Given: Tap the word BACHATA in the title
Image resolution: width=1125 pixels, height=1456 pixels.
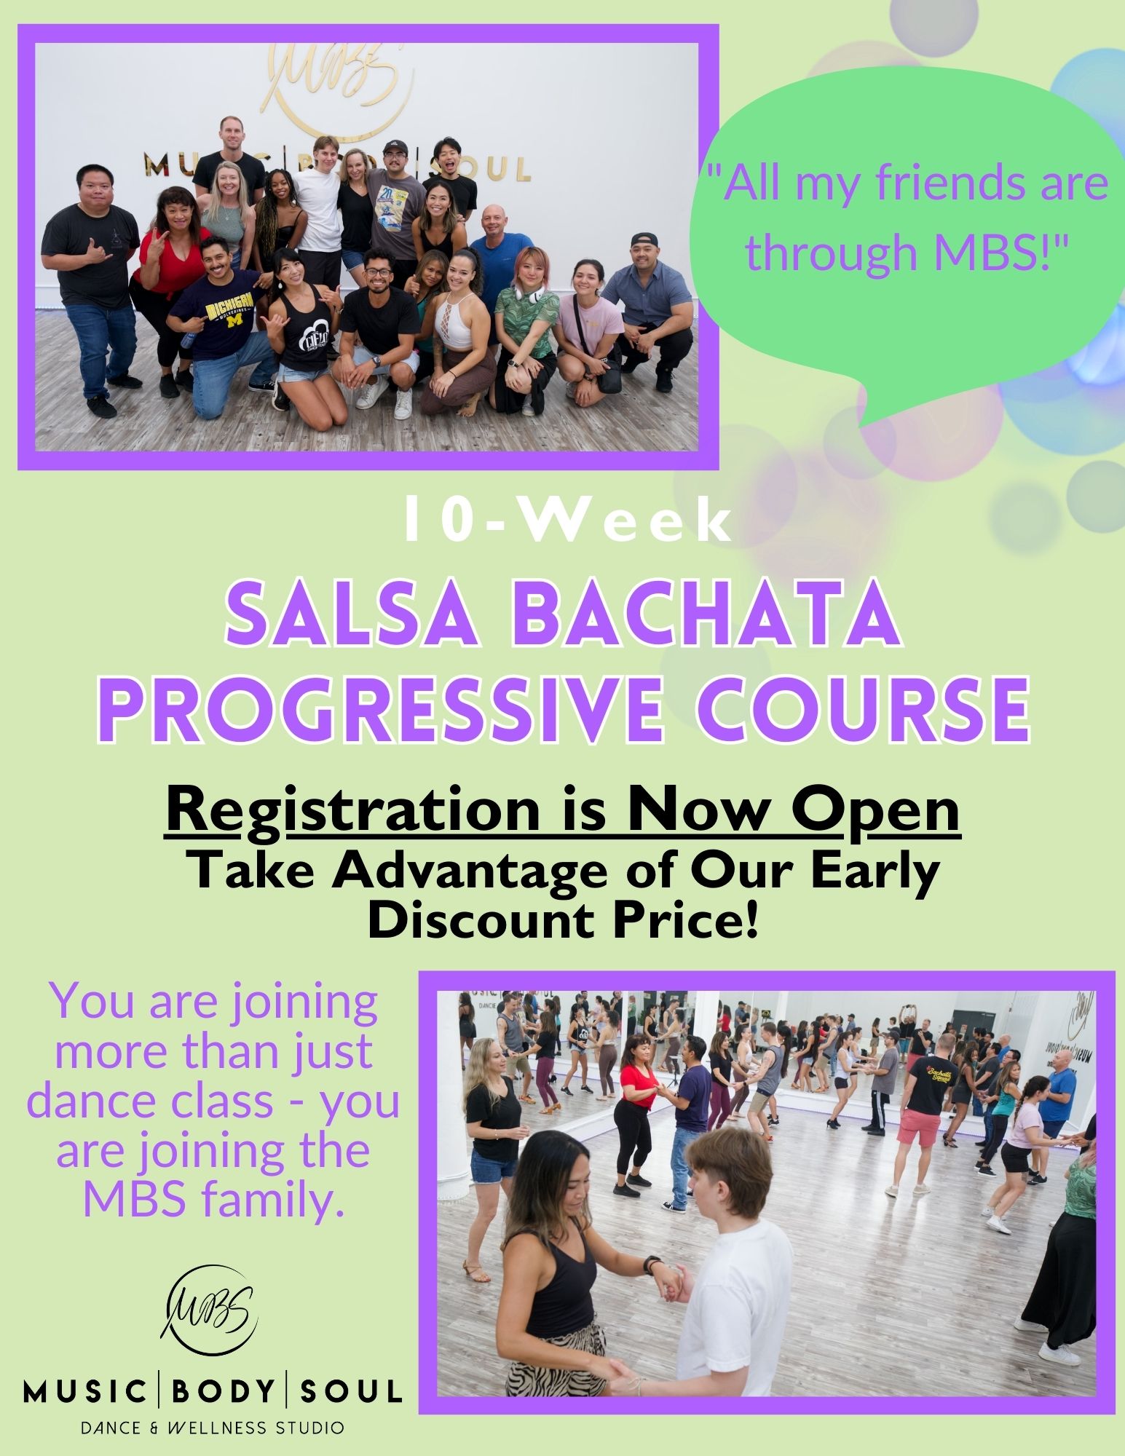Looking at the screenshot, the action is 711,616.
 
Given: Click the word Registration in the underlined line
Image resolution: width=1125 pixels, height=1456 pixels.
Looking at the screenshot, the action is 363,813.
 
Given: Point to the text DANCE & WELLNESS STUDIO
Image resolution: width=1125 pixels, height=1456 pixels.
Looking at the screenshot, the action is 212,1428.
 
